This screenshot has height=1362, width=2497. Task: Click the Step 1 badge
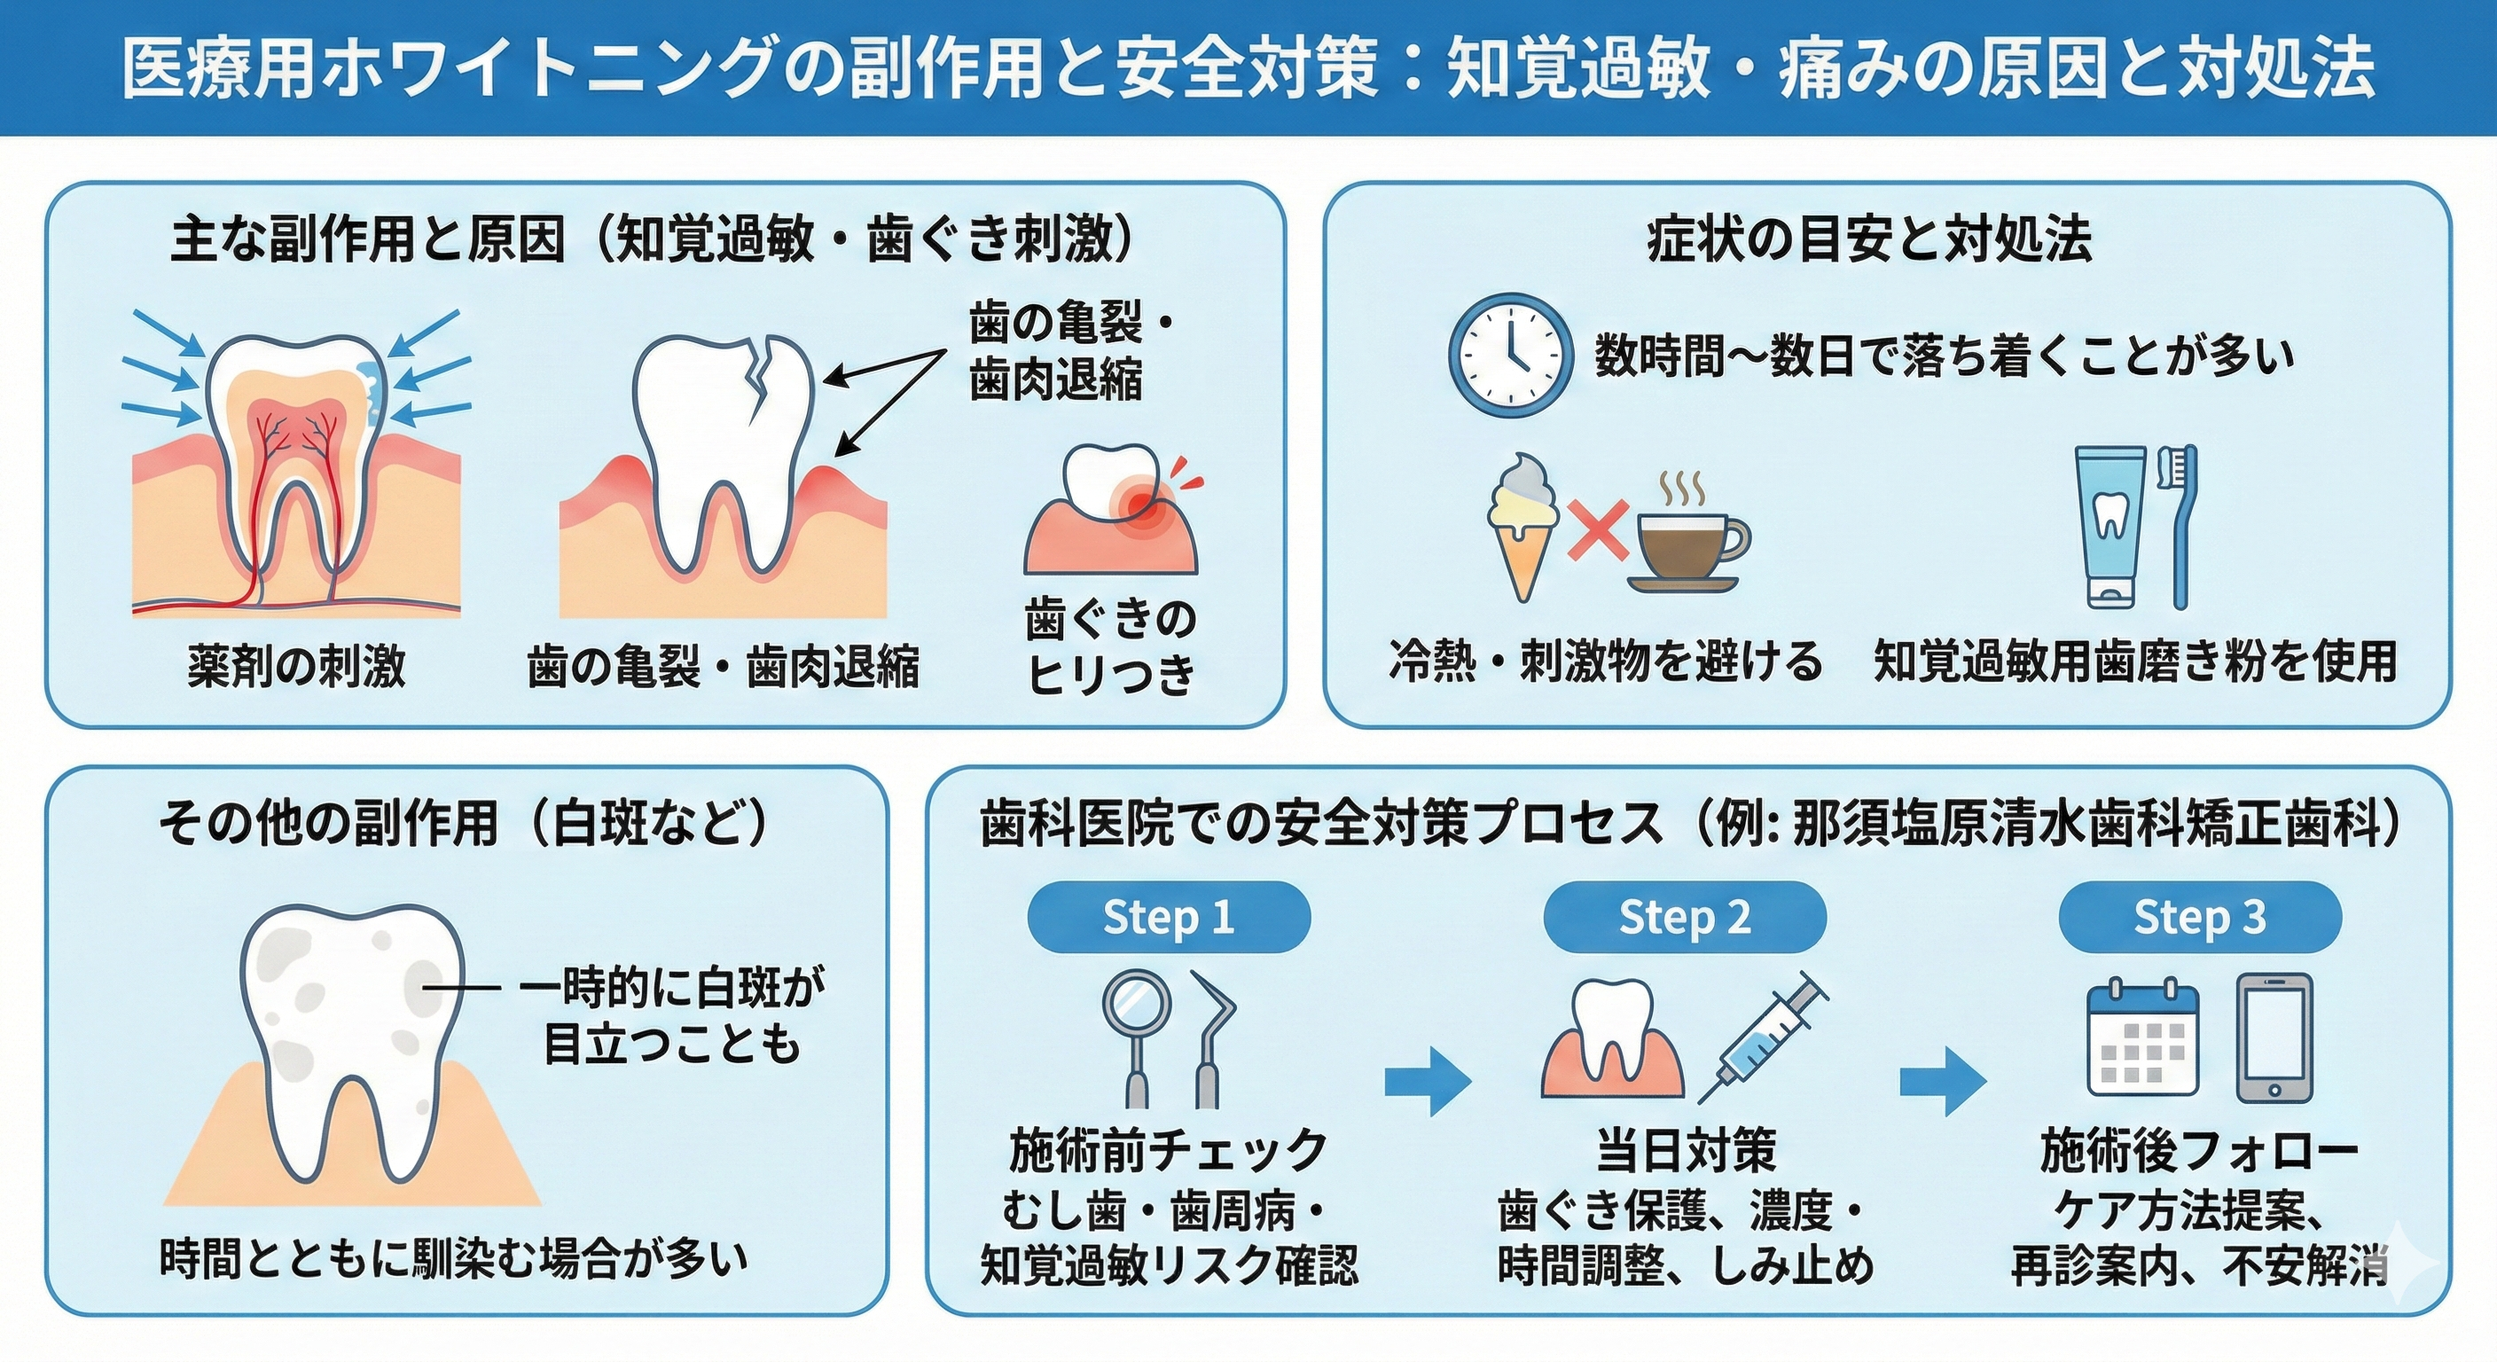[1168, 917]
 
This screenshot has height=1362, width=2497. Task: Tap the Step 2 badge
[1685, 917]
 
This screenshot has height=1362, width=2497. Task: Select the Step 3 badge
[2199, 917]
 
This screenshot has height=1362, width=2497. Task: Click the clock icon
[1508, 356]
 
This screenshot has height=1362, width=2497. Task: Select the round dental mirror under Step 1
[1137, 1008]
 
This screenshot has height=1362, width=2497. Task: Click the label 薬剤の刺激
[297, 667]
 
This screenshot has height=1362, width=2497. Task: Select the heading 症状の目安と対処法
[1870, 239]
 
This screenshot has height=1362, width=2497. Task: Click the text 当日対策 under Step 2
[1686, 1151]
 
